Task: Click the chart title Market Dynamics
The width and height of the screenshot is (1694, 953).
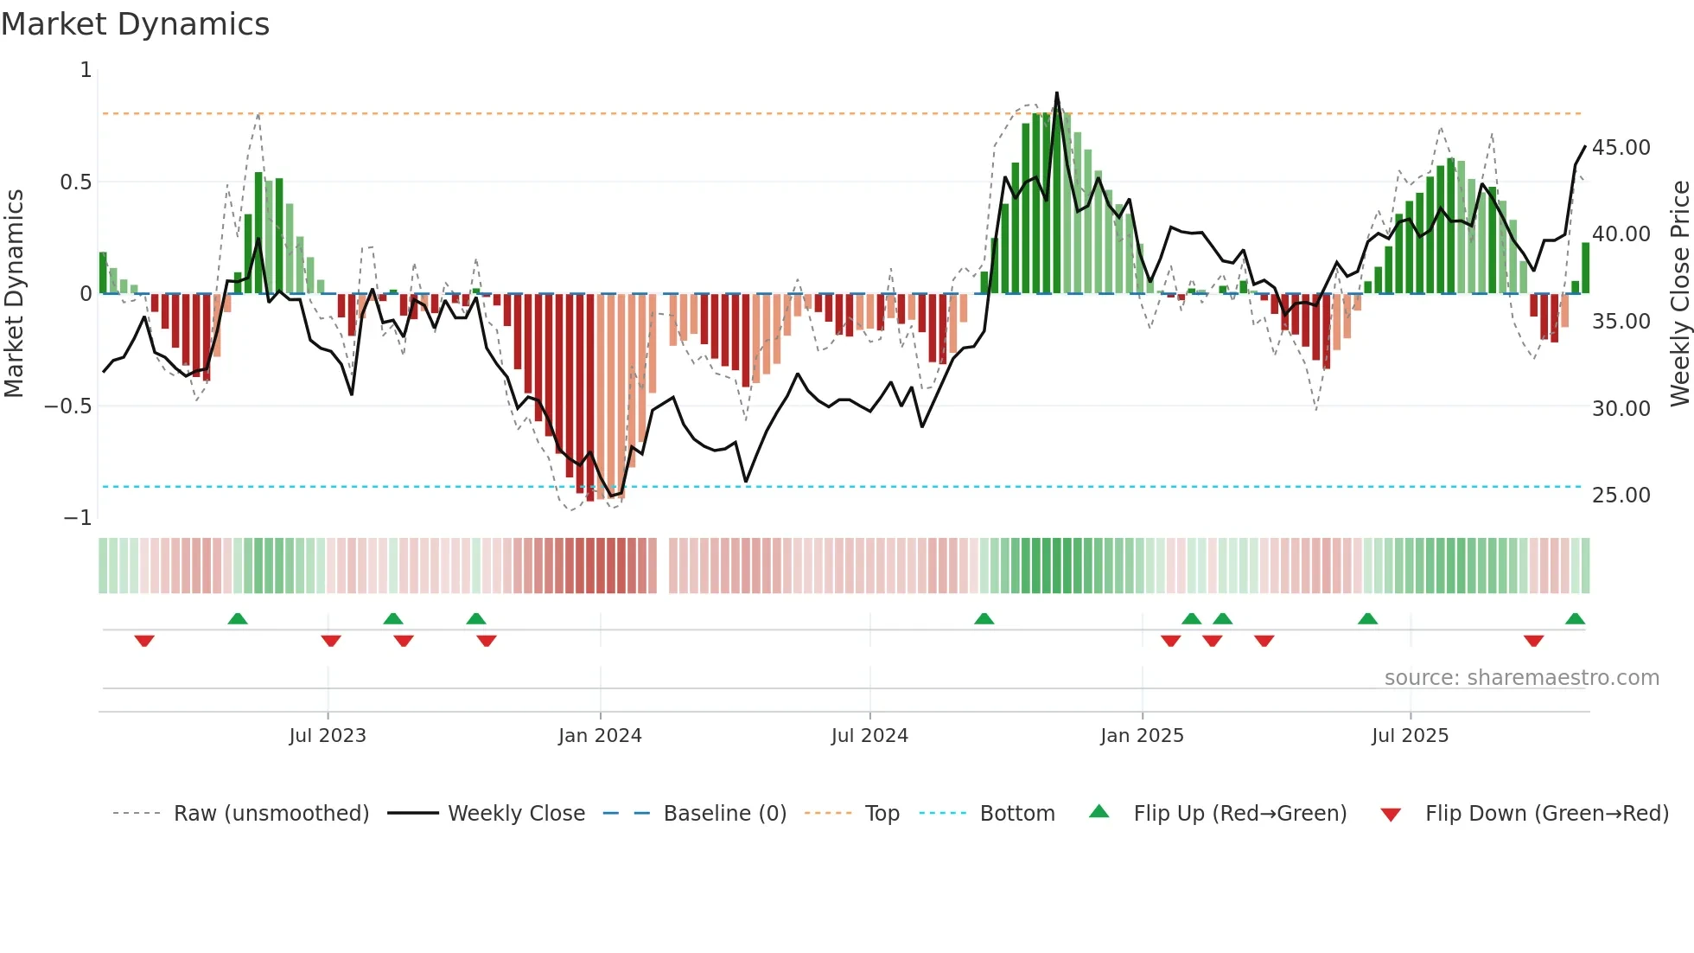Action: click(135, 24)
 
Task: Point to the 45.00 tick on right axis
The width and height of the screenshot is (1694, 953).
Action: click(1621, 148)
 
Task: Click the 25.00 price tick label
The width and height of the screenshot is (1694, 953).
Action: click(1621, 496)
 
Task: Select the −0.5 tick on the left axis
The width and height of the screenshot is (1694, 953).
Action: click(67, 406)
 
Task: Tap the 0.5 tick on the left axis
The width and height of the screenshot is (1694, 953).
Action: click(75, 182)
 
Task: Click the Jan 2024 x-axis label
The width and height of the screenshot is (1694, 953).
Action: click(600, 736)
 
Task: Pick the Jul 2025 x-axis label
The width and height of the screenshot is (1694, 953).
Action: click(1410, 736)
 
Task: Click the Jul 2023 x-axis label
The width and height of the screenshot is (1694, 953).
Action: click(328, 736)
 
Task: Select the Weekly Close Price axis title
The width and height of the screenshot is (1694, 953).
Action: click(1679, 293)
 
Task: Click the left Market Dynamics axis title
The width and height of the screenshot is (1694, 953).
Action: click(14, 293)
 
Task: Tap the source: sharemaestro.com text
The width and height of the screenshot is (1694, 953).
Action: click(1521, 678)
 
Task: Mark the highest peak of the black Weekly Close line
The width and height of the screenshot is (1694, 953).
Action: click(1056, 93)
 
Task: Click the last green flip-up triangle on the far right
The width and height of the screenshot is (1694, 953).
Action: click(1575, 619)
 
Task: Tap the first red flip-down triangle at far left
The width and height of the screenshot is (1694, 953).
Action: click(144, 641)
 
